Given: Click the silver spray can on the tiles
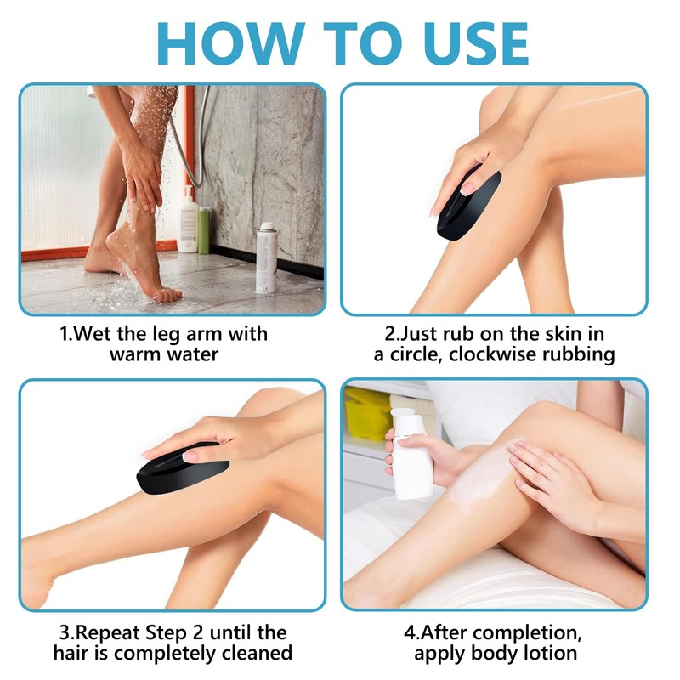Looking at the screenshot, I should click(266, 257).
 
